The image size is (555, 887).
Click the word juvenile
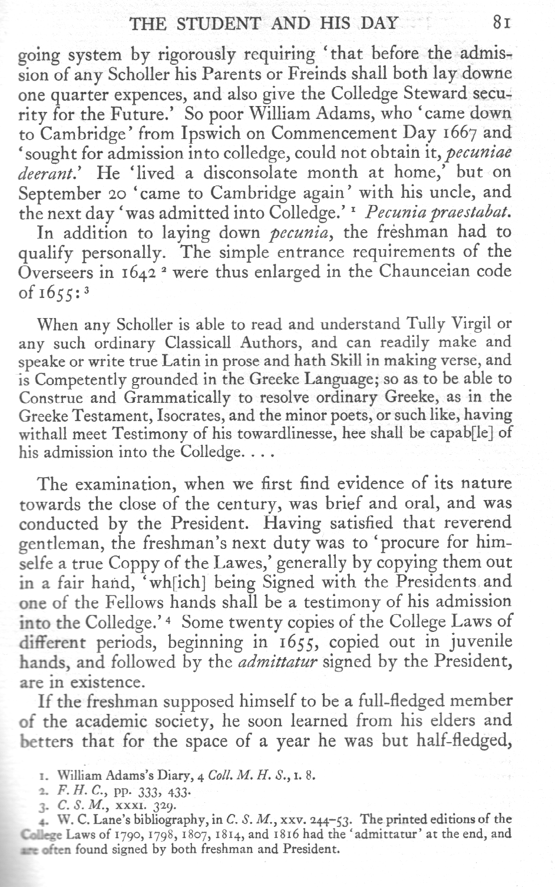pyautogui.click(x=472, y=642)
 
